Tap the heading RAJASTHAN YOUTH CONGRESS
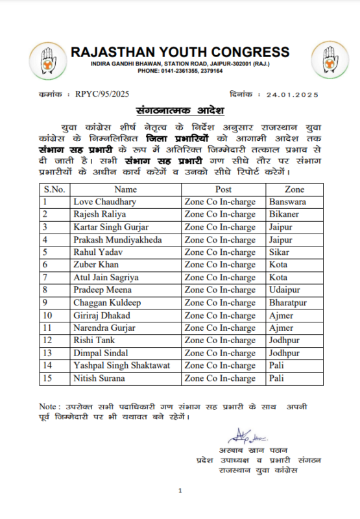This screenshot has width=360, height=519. click(x=180, y=52)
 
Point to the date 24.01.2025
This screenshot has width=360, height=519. click(x=289, y=95)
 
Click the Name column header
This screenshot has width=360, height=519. click(x=125, y=189)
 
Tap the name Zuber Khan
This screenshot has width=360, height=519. click(x=96, y=265)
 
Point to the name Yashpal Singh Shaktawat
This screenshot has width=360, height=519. click(x=122, y=366)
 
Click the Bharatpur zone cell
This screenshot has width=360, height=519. click(x=288, y=303)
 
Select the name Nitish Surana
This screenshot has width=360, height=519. click(x=99, y=378)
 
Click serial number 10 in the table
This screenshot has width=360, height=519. click(x=49, y=315)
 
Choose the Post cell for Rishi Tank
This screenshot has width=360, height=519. click(x=220, y=341)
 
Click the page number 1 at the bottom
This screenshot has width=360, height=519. click(x=180, y=491)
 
